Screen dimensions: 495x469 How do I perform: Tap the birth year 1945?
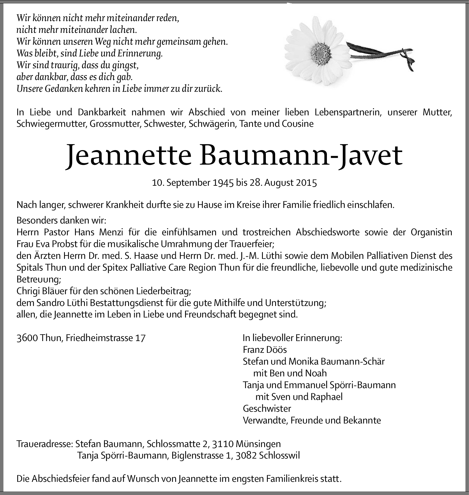pos(223,182)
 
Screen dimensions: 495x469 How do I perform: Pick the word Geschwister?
pos(267,408)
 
